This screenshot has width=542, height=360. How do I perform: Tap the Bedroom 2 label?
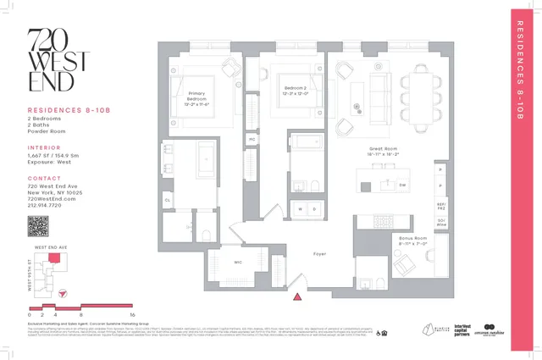pyautogui.click(x=295, y=91)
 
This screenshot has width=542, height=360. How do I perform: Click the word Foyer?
pyautogui.click(x=319, y=253)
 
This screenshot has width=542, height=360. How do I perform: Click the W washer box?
pyautogui.click(x=297, y=208)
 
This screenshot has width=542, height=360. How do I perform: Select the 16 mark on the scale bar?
pyautogui.click(x=132, y=313)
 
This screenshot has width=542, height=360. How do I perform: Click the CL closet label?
pyautogui.click(x=168, y=200)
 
